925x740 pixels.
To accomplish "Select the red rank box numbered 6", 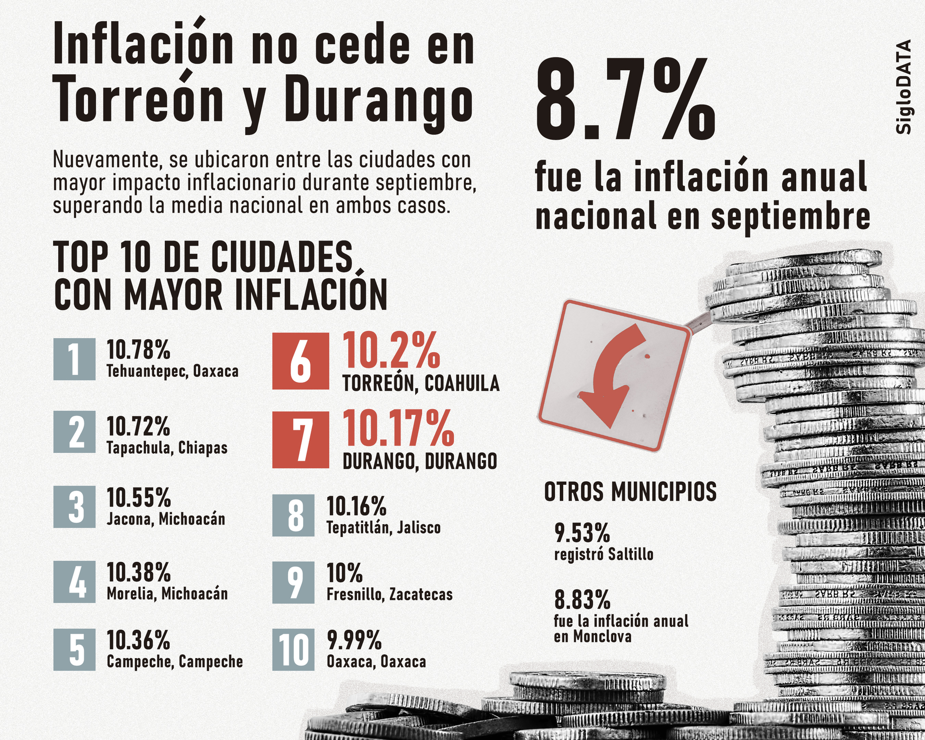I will click(x=300, y=361).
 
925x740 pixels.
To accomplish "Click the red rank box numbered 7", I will click(x=300, y=439).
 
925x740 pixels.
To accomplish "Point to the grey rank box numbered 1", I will click(x=74, y=359).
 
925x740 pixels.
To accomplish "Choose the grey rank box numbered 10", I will click(x=293, y=650).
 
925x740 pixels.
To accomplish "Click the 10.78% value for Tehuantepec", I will click(x=138, y=349).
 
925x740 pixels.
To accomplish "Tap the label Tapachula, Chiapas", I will click(x=167, y=448).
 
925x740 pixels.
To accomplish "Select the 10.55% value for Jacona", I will click(x=138, y=497).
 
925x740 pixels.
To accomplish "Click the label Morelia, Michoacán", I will click(x=167, y=594).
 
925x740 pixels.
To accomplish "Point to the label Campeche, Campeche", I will click(x=174, y=661).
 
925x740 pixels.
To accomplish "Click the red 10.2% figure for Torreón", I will click(x=391, y=351).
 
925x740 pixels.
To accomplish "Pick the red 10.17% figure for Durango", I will click(x=398, y=428).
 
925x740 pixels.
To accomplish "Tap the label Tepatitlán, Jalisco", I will click(x=383, y=528).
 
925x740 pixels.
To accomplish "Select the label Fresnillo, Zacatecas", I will click(x=389, y=595).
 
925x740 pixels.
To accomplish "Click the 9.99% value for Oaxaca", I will click(x=354, y=640).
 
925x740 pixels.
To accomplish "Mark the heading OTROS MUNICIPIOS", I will click(x=630, y=492).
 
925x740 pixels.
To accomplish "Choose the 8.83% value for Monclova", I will click(x=582, y=600).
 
